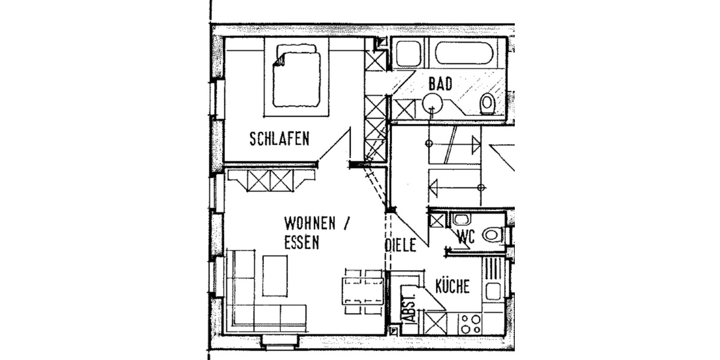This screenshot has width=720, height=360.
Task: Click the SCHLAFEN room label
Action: coord(279,139)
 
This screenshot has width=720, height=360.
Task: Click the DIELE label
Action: coord(400,245)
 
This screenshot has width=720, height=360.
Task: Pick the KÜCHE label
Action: coord(452,286)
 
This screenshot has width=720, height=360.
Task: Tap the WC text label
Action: coord(466,237)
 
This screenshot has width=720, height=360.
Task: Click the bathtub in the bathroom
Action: coord(466,55)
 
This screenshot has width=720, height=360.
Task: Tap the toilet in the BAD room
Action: coord(487,103)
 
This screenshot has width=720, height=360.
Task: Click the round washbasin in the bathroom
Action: coord(433,103)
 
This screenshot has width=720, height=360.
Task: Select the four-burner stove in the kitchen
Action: coord(469,324)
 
